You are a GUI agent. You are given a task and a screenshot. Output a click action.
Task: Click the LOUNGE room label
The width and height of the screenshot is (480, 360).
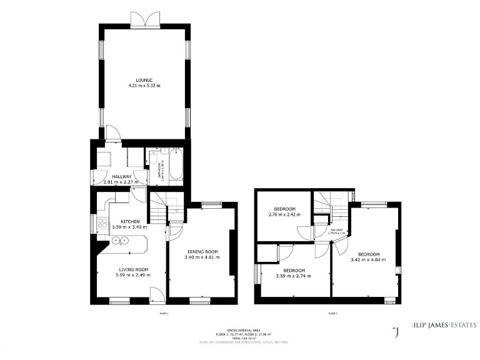(x=144, y=80)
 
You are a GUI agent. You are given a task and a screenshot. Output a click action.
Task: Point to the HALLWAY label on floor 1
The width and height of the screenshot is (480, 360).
(x=122, y=177)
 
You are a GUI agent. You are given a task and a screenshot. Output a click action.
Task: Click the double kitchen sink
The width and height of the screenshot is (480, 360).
(x=120, y=239)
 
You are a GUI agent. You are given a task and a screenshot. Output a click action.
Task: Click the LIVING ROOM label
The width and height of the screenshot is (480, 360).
(x=131, y=269)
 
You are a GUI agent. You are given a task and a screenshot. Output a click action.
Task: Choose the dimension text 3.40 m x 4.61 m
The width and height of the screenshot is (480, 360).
(x=201, y=257)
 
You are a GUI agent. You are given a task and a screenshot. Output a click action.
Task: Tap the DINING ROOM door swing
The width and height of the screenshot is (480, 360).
(x=175, y=231)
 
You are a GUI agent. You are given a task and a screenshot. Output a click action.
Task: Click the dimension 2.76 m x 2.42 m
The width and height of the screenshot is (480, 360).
(x=284, y=214)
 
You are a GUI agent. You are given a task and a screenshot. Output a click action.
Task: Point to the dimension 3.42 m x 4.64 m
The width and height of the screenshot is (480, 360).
(x=369, y=259)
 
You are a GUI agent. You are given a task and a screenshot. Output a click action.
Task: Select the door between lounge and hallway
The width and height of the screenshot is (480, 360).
(x=113, y=132)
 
